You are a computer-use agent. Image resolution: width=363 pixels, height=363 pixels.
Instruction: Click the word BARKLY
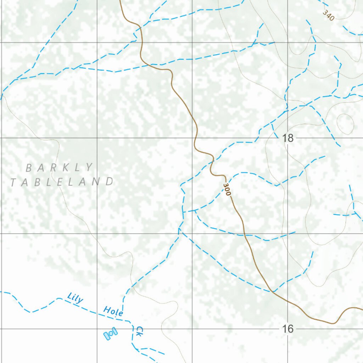point(60,167)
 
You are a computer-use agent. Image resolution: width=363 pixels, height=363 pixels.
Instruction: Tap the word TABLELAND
point(62,182)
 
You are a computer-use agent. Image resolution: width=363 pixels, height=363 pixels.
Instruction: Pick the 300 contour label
point(227,190)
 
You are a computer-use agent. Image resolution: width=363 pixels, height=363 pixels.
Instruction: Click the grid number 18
point(288,138)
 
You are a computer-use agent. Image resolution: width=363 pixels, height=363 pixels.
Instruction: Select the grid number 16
point(288,329)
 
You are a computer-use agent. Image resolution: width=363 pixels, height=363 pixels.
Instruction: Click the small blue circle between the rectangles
point(111,333)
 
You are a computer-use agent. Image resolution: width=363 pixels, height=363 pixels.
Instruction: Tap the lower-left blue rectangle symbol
point(107,335)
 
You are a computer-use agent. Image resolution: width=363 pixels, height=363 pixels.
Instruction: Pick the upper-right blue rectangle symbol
point(115,331)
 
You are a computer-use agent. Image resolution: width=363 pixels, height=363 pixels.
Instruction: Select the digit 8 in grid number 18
point(291,138)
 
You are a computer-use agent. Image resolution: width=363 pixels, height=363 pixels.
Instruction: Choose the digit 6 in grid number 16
point(291,329)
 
